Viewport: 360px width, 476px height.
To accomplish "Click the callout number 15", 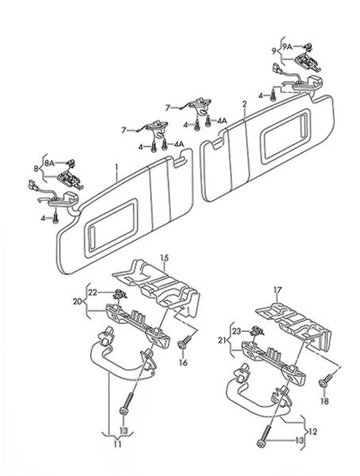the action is pyautogui.click(x=164, y=259).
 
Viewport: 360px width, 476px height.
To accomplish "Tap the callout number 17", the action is pyautogui.click(x=278, y=290).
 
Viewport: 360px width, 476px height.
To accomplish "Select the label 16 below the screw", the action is pyautogui.click(x=183, y=363).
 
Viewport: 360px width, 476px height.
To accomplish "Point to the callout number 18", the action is pyautogui.click(x=324, y=401).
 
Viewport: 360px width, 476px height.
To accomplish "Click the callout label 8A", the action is pyautogui.click(x=49, y=163).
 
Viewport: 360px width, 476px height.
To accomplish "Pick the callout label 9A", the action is pyautogui.click(x=287, y=47).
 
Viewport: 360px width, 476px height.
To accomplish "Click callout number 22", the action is pyautogui.click(x=93, y=292).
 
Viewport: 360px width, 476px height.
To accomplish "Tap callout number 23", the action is pyautogui.click(x=237, y=332).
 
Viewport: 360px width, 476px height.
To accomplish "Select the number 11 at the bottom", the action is pyautogui.click(x=117, y=444).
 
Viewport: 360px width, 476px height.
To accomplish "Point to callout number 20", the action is pyautogui.click(x=78, y=301).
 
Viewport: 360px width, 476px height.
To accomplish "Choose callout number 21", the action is pyautogui.click(x=223, y=340).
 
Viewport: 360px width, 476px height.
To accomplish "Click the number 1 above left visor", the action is pyautogui.click(x=117, y=167).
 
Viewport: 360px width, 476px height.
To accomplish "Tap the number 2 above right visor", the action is pyautogui.click(x=245, y=105).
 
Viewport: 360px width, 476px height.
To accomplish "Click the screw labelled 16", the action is pyautogui.click(x=184, y=342).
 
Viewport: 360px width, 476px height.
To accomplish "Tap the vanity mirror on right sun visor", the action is pyautogui.click(x=285, y=136).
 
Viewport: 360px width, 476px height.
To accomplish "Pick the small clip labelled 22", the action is pyautogui.click(x=121, y=294).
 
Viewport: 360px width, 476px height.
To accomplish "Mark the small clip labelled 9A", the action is pyautogui.click(x=308, y=47).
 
